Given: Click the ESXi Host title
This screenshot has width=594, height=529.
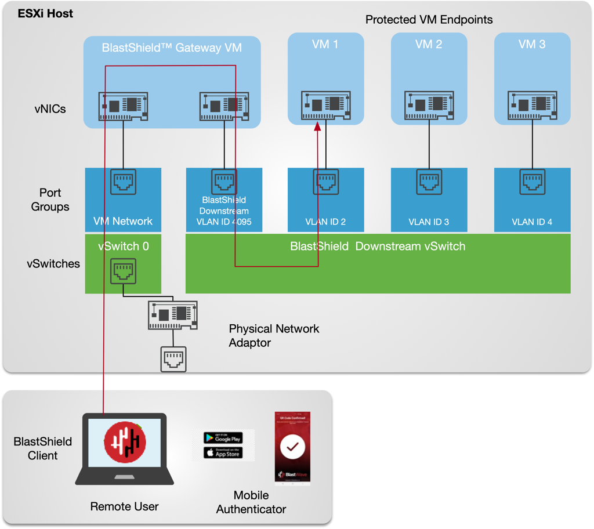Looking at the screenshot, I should (x=45, y=13).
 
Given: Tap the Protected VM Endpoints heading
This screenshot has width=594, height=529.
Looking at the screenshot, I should (x=429, y=20).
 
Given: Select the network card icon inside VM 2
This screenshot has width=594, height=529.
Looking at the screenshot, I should (x=429, y=105).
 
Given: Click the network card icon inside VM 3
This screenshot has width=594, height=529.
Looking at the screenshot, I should (x=532, y=105).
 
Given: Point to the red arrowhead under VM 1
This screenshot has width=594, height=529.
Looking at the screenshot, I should (x=318, y=126).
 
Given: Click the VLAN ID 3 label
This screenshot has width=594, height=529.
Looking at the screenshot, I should (x=429, y=222).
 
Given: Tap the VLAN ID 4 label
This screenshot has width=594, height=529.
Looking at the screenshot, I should (x=532, y=222).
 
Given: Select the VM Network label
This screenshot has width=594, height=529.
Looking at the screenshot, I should (x=123, y=221).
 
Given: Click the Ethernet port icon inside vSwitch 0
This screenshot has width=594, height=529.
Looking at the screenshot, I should (x=123, y=271).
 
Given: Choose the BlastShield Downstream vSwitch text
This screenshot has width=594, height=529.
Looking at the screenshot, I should (x=378, y=247).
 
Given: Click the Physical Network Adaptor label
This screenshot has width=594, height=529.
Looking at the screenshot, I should (x=274, y=336).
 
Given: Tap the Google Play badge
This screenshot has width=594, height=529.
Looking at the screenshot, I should (x=223, y=438).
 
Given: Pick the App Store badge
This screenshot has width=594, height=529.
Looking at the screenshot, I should (x=223, y=453).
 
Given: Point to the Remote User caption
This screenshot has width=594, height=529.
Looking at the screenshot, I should (x=124, y=506).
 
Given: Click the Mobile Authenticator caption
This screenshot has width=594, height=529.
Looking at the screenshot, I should (x=251, y=502).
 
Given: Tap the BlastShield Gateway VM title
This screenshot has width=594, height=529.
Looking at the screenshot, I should (x=172, y=48).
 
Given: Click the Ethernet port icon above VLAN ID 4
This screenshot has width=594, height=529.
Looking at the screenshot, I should (x=532, y=182).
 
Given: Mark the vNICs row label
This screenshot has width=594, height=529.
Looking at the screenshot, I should (x=50, y=109).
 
